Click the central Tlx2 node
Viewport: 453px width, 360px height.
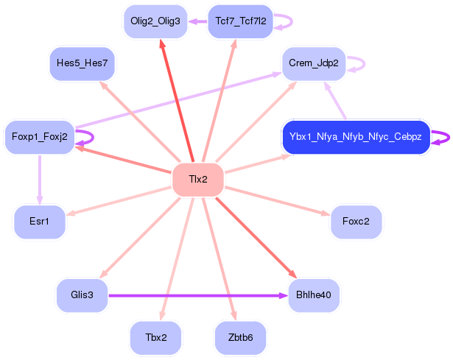[x=198, y=180]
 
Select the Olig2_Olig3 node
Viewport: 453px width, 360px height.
[x=155, y=21]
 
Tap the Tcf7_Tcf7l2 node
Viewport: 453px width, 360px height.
[x=241, y=21]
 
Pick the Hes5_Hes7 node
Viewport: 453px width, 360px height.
[x=82, y=63]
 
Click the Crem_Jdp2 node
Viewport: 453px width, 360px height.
[x=314, y=63]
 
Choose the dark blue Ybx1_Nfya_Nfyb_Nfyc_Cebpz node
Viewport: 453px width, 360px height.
[x=357, y=137]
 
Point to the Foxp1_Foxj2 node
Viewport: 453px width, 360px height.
[x=40, y=137]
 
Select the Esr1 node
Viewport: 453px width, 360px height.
[x=40, y=222]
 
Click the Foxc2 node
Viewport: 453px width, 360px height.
[x=357, y=222]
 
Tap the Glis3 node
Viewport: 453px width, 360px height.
[x=82, y=295]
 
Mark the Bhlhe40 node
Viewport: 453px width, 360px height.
[x=314, y=295]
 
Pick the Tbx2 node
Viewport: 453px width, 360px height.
[x=156, y=338]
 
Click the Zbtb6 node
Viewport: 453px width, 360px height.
[x=241, y=338]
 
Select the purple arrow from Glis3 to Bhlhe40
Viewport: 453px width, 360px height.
[x=198, y=295]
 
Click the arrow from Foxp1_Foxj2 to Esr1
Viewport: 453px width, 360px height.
[x=40, y=180]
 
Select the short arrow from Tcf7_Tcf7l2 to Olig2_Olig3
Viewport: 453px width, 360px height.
[x=197, y=21]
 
